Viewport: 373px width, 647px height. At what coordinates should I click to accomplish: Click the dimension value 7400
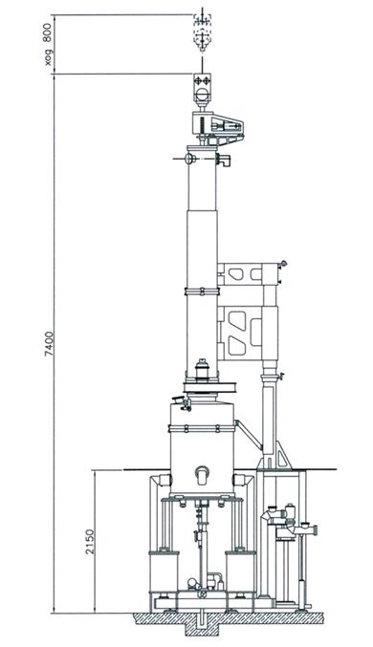coord(50,343)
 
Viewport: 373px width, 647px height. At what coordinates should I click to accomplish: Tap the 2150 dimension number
coord(90,542)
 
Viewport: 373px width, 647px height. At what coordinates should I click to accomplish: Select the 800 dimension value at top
coord(48,32)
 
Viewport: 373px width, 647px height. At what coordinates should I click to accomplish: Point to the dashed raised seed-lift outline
coord(203,32)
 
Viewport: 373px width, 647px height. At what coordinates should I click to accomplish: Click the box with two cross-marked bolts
coord(203,80)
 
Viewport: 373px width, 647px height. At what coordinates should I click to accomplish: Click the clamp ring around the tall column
coord(202,291)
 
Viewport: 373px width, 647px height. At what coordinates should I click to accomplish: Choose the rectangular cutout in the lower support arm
coord(256,333)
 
